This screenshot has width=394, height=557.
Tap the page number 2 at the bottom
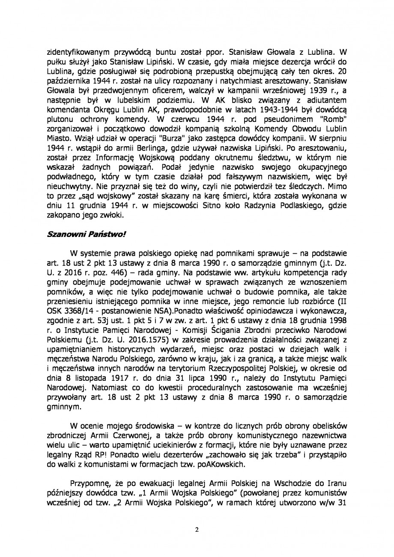pos(197,529)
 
